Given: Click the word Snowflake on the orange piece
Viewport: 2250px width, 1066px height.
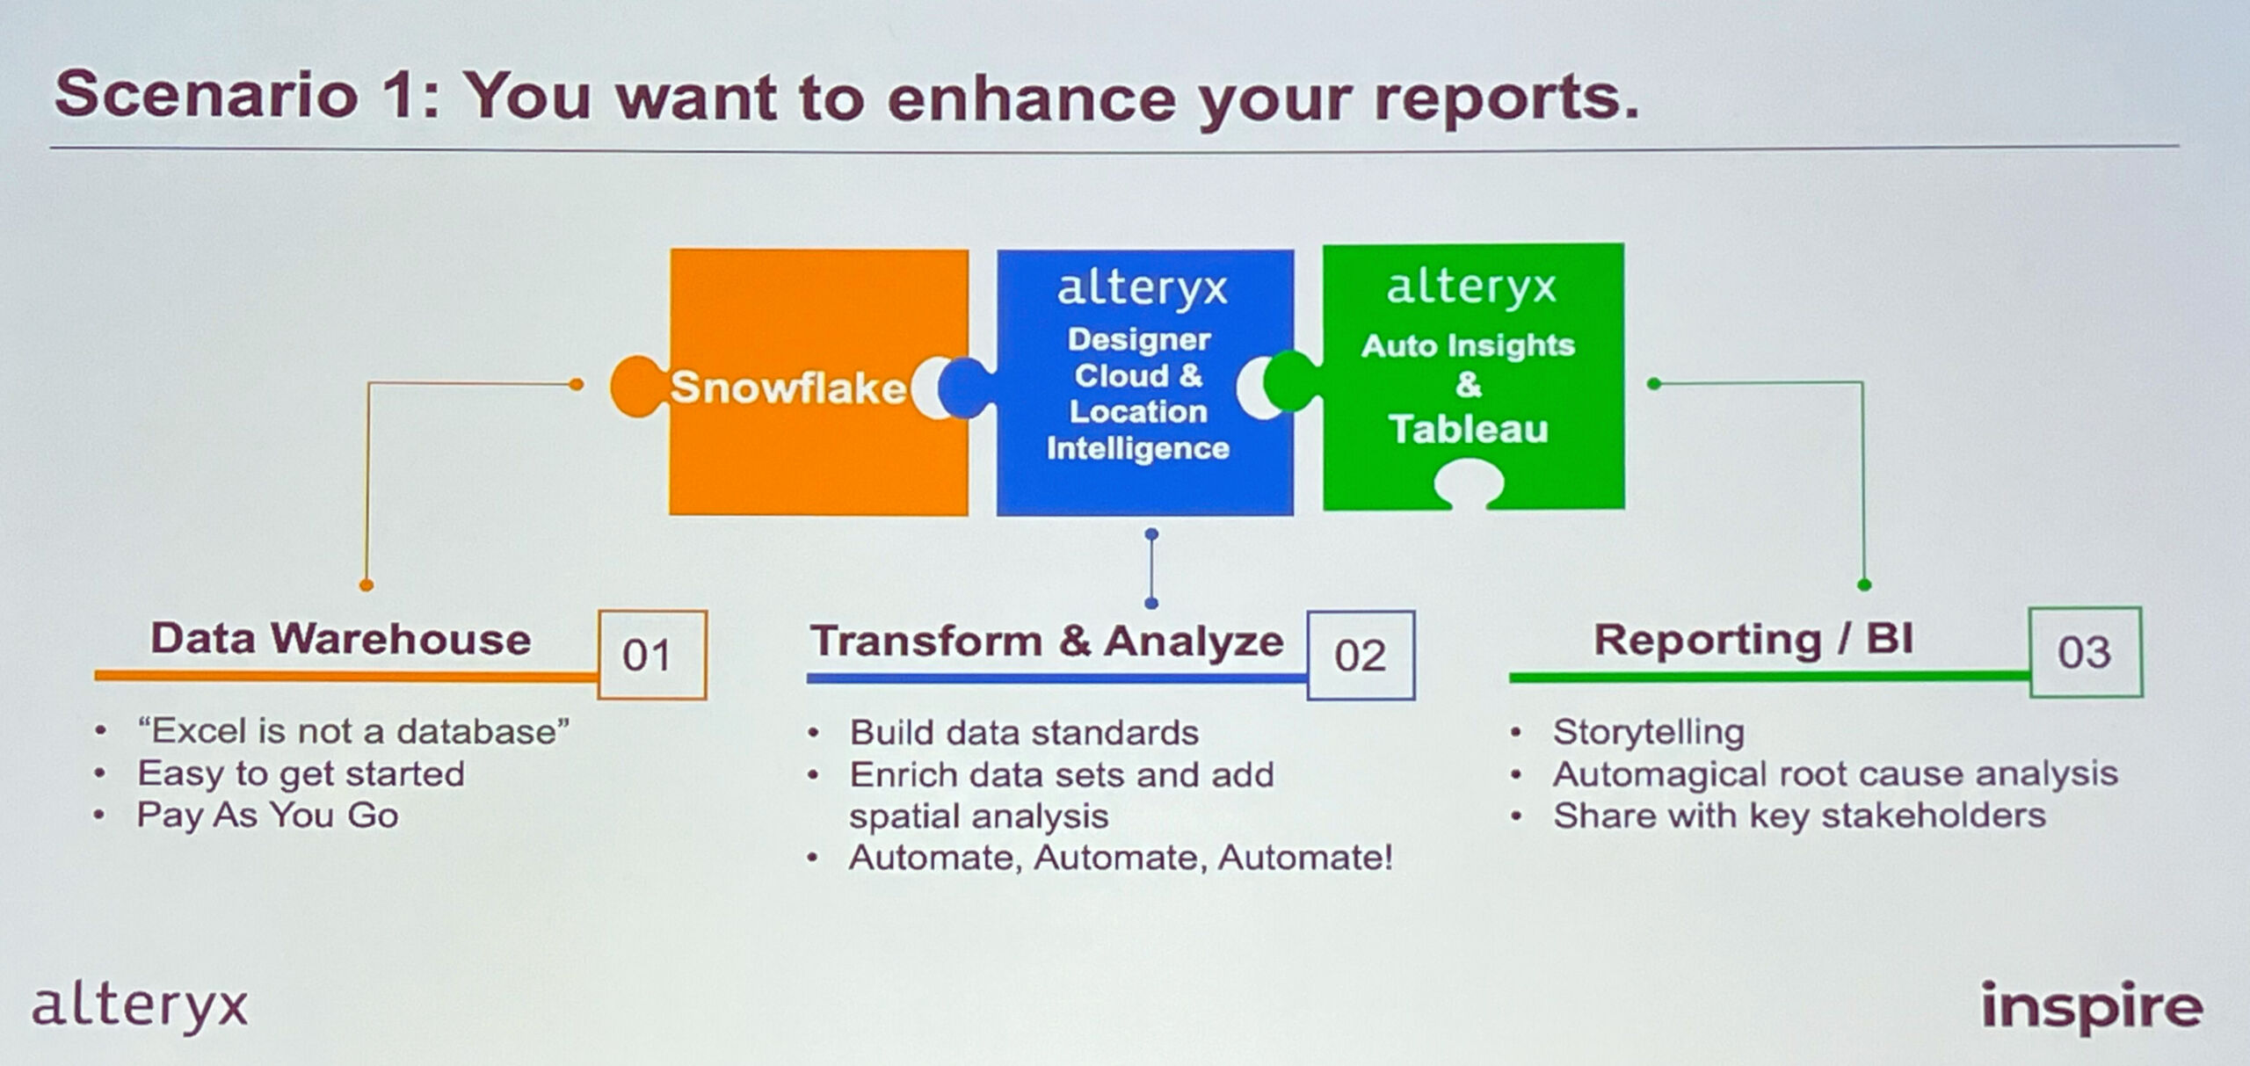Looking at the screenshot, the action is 787,388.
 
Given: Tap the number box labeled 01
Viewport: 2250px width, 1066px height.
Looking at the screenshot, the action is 652,655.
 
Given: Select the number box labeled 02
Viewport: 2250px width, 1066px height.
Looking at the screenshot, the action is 1361,655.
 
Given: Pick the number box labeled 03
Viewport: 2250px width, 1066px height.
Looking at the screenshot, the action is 2086,652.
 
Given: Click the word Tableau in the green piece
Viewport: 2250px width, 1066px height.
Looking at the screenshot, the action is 1469,429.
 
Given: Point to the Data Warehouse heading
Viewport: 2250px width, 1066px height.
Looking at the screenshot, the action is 341,639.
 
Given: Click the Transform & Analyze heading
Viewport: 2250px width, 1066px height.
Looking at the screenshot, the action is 1047,641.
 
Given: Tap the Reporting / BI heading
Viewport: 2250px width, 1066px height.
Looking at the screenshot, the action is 1753,640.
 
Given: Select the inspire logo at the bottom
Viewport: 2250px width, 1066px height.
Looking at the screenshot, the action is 2092,1007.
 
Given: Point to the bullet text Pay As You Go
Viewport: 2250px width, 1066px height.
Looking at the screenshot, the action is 268,816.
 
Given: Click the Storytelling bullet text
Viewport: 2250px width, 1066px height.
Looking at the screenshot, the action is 1649,732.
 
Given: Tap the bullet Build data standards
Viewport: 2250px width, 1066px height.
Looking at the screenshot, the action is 1024,733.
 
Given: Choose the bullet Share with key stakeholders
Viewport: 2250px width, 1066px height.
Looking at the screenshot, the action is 1799,816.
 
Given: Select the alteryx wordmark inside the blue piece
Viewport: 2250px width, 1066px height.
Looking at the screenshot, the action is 1142,288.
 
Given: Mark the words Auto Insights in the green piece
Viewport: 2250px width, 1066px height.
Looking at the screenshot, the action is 1468,345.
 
